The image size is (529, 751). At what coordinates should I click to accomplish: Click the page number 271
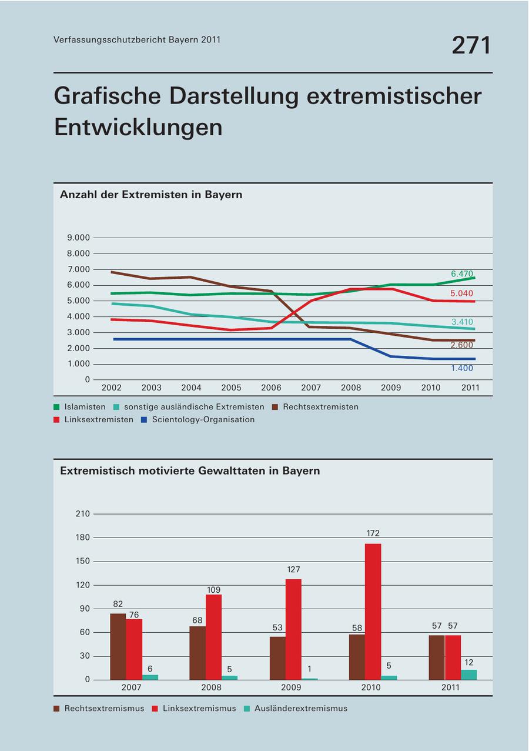tap(471, 45)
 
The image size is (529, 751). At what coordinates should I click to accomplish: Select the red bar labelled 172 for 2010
tap(373, 612)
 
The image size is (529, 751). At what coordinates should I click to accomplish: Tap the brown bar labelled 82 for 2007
tap(118, 646)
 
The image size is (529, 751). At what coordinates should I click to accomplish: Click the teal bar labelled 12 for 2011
tap(469, 674)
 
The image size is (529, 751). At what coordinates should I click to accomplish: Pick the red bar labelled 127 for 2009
tap(293, 629)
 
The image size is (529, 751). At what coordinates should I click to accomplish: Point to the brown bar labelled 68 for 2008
tap(197, 653)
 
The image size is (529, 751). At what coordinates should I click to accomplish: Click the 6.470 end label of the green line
tap(462, 274)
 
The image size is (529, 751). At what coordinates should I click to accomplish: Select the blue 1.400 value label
tap(462, 369)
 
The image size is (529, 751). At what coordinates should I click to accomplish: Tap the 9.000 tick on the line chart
tap(79, 238)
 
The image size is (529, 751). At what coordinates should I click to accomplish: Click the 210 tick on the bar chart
tap(83, 514)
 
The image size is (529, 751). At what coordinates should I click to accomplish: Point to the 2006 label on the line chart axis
tap(271, 388)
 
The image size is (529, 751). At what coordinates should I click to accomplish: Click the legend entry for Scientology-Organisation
tap(203, 420)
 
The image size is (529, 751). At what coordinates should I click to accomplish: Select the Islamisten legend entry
tap(85, 407)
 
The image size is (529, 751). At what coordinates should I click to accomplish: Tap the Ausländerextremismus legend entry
tap(300, 709)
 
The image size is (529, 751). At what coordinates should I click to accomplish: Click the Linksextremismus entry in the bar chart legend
tap(199, 709)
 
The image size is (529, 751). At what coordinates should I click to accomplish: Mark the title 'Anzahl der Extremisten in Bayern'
tap(151, 195)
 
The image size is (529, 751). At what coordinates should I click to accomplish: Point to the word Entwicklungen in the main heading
tap(138, 127)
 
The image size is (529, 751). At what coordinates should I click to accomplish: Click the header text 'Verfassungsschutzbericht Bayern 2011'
tap(137, 40)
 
